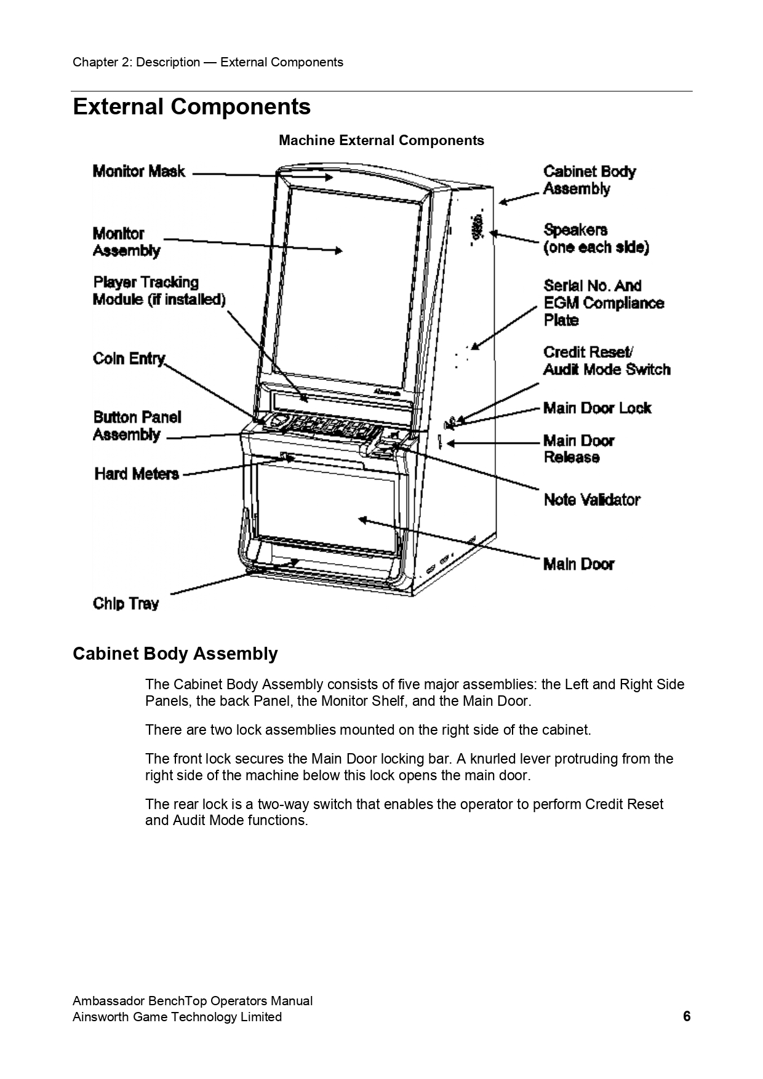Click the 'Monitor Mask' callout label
(x=138, y=172)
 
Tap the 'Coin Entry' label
(x=129, y=358)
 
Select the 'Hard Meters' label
(x=137, y=474)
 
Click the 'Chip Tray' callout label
(x=126, y=604)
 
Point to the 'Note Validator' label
(x=592, y=500)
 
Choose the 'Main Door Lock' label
(x=597, y=408)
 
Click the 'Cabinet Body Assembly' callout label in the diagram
(x=589, y=180)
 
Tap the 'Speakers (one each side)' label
(x=596, y=239)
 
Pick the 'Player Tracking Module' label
(x=159, y=291)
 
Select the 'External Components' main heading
(x=191, y=107)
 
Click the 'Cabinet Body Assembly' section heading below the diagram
(x=175, y=654)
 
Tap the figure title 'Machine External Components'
(x=381, y=141)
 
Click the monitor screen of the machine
(x=345, y=277)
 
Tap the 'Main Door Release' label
(x=578, y=449)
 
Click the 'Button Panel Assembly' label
(x=137, y=426)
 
